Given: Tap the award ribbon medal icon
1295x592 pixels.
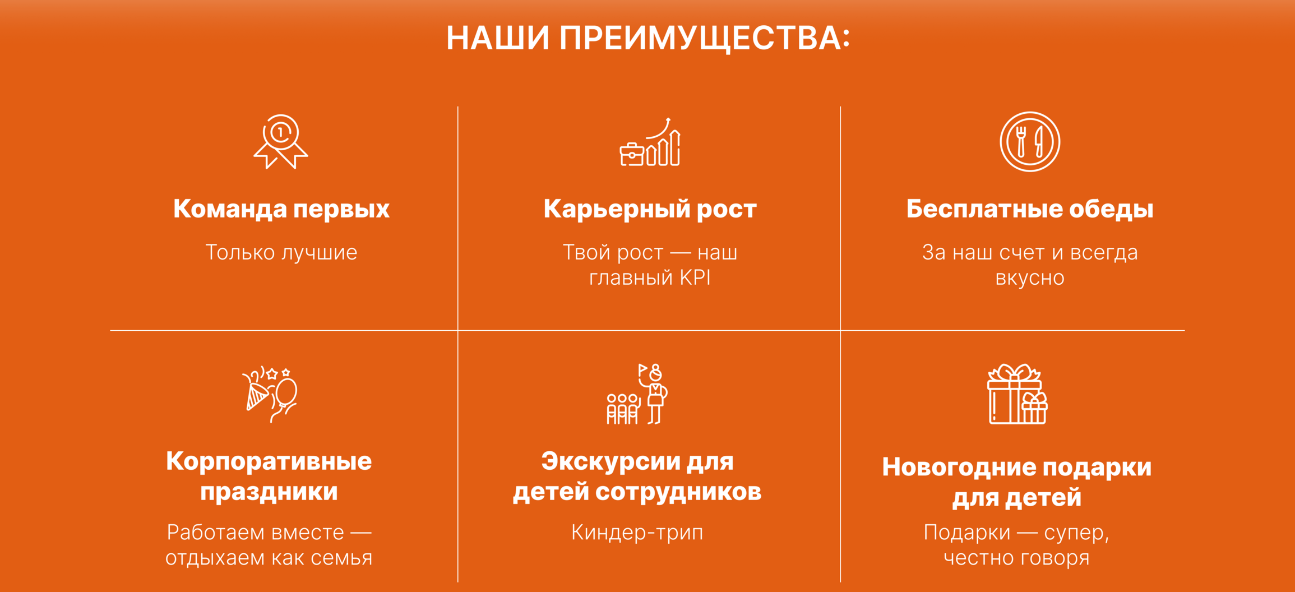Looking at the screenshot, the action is [281, 141].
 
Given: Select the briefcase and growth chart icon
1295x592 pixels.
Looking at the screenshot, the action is [650, 142].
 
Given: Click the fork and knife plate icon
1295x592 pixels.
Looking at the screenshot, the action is [1030, 142].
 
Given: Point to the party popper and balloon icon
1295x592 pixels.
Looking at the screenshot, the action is [270, 394].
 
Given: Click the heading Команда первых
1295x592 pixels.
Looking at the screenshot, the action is [281, 209].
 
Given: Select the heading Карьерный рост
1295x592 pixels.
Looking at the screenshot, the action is [650, 209].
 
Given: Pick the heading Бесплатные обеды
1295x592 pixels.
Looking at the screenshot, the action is [1030, 209].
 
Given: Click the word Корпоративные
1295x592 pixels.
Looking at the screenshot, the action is [269, 461].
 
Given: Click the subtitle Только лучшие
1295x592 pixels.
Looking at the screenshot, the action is [281, 252].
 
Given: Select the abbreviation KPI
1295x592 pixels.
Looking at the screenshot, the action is [695, 277].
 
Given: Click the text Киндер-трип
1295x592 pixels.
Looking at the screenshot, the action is [637, 533].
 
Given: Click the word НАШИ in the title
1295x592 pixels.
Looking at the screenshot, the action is [498, 39].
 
